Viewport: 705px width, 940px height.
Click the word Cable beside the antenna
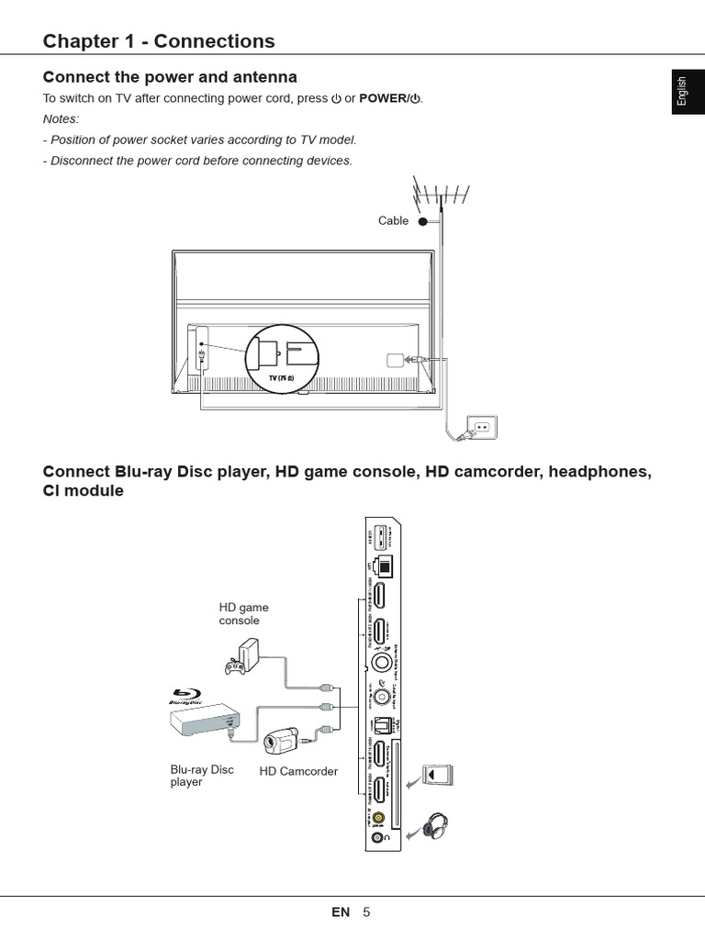393,220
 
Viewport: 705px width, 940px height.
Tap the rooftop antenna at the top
442,195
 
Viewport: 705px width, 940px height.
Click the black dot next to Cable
422,221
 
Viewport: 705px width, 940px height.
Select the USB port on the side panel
375,540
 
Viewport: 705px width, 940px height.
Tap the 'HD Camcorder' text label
298,771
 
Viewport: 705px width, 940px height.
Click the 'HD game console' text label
243,613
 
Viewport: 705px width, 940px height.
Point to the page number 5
366,912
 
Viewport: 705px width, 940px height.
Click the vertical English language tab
681,92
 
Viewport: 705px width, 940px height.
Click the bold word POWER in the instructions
383,98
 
